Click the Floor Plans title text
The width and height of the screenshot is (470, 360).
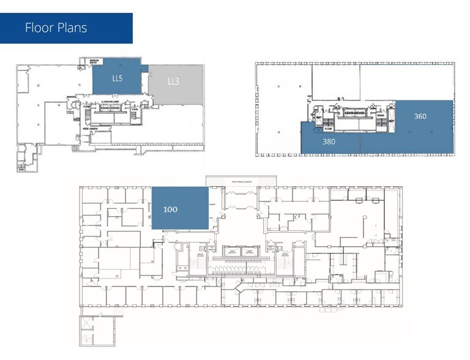(x=56, y=28)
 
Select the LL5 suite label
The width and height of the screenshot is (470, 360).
(x=117, y=78)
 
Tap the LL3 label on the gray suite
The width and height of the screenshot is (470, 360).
(x=173, y=81)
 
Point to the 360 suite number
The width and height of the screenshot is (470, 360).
(x=420, y=116)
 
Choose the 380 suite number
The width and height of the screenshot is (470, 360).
(x=329, y=140)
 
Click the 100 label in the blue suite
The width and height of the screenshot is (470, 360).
(x=170, y=209)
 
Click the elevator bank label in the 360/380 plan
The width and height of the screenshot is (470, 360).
(x=356, y=114)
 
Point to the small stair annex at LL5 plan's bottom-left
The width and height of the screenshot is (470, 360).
(x=23, y=159)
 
